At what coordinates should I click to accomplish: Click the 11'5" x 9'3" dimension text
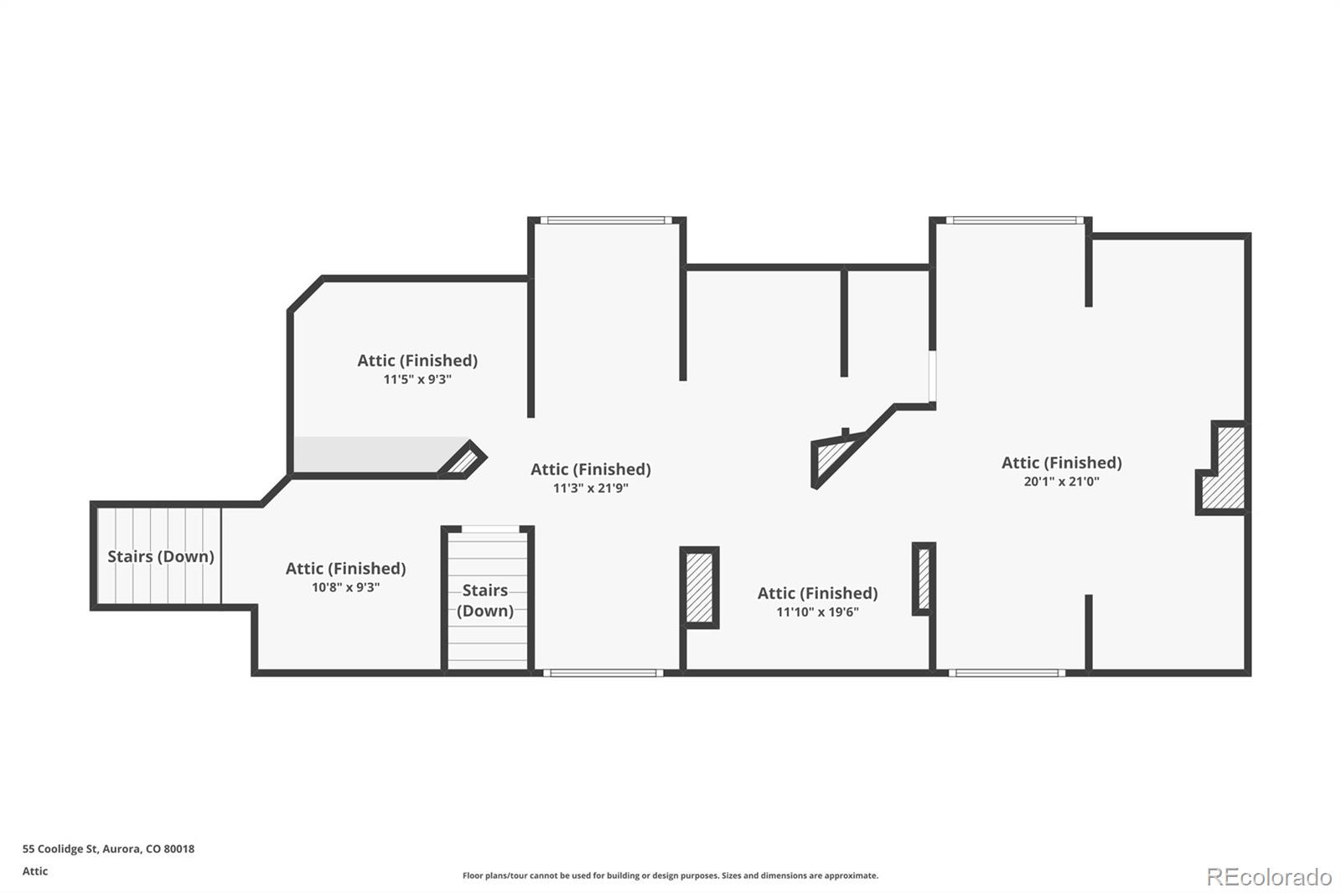[417, 379]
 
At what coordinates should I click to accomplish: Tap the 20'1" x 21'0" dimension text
[1061, 482]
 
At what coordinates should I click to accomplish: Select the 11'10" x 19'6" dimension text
[817, 612]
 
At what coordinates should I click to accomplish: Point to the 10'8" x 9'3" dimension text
[345, 588]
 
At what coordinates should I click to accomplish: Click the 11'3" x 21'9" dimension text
[590, 488]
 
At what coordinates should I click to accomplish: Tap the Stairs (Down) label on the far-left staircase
[160, 556]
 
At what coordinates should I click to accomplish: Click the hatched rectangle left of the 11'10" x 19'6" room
[699, 587]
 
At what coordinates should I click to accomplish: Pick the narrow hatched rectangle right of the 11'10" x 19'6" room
[924, 579]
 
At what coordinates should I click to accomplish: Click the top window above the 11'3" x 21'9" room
[605, 220]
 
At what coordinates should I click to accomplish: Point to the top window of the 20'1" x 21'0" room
[1014, 220]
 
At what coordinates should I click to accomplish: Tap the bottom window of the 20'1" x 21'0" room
[1007, 673]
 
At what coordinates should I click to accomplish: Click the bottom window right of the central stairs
[603, 673]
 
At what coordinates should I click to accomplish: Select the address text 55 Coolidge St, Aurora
[108, 849]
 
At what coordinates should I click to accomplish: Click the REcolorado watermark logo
[1268, 876]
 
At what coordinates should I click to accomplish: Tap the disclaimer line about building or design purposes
[670, 875]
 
